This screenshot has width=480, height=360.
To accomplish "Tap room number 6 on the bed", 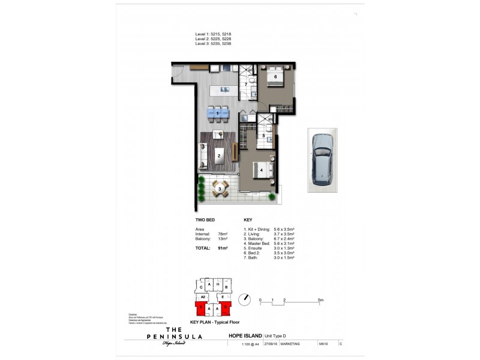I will (275, 77).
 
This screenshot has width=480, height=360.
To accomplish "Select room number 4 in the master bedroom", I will (262, 170).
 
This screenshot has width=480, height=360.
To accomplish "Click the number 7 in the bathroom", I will (245, 84).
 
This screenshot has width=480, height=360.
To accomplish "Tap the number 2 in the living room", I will (220, 156).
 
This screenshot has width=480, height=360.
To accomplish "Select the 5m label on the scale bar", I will (320, 299).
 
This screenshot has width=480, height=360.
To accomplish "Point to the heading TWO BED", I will (205, 220).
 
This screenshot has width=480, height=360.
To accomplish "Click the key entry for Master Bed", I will (267, 243).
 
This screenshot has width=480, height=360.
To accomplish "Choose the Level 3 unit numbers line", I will (213, 44).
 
